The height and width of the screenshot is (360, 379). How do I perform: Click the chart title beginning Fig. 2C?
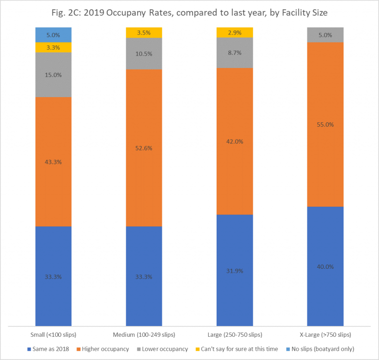pos(189,12)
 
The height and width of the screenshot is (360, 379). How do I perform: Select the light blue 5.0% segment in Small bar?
pos(53,35)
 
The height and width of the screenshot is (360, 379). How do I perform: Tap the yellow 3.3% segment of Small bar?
pos(53,47)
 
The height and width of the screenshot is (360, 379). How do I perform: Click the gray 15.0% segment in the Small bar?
pos(53,75)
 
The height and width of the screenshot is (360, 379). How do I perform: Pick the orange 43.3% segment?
pos(53,162)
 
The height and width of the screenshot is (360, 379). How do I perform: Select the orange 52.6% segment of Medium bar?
pos(144,148)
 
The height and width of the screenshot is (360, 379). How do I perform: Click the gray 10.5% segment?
pos(144,53)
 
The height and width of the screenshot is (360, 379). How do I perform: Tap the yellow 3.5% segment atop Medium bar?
pos(144,33)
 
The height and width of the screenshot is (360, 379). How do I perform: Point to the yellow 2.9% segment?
pos(235,32)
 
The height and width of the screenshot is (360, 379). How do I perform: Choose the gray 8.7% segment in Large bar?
pos(235,52)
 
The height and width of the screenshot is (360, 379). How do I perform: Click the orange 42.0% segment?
pos(235,141)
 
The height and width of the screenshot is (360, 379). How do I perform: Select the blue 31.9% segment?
pos(235,270)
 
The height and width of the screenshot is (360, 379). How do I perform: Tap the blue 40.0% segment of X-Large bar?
pos(326,266)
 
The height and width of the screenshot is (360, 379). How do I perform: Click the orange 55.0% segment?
pos(326,124)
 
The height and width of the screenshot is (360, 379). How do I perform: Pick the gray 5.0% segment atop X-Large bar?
pos(326,35)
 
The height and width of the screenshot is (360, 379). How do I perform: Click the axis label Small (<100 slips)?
pos(53,335)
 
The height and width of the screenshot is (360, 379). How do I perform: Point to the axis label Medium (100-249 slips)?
pos(144,335)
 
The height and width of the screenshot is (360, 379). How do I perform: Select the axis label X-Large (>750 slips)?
pos(326,335)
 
